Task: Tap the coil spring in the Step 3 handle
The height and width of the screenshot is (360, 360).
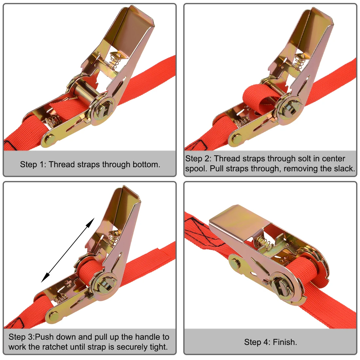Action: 113,235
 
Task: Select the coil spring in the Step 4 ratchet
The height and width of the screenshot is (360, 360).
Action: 264,243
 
